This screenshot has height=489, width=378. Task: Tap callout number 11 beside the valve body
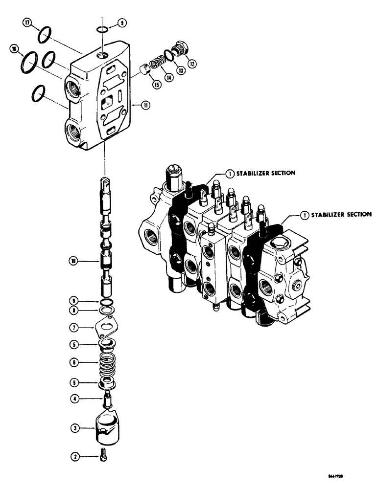pos(146,105)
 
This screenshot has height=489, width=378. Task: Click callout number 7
pos(74,327)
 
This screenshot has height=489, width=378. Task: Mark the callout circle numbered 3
pos(74,429)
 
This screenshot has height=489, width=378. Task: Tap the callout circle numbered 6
pos(74,363)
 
